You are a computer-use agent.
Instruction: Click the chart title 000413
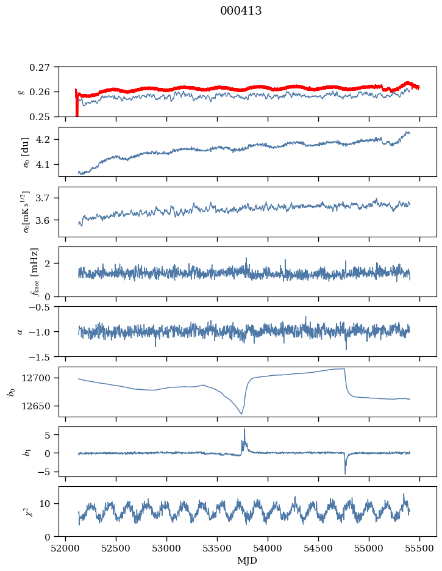click(241, 11)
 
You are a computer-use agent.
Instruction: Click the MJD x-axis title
click(248, 561)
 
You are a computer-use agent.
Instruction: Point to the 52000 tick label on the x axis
click(65, 548)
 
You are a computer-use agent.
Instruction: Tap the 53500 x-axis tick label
click(217, 548)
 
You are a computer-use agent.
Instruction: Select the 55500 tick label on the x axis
click(419, 548)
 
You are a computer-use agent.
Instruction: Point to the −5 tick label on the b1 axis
click(46, 472)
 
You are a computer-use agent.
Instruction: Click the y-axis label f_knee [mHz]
click(35, 271)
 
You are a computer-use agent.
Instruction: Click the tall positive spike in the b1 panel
click(244, 435)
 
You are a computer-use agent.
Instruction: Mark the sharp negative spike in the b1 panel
click(345, 468)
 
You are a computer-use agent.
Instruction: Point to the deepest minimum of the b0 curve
click(241, 414)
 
